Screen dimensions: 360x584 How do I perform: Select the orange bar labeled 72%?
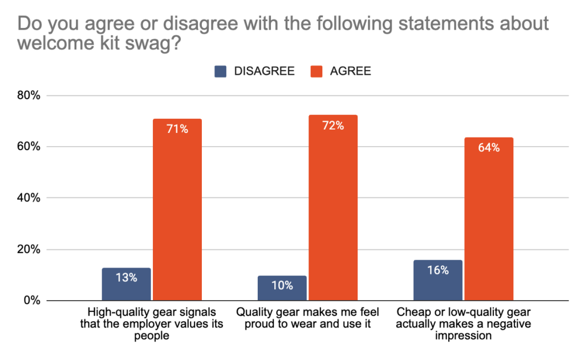[332, 208]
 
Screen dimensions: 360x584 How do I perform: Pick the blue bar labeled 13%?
[126, 284]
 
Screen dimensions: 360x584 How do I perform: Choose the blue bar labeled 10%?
[282, 288]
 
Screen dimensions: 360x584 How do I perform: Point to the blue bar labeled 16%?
[437, 280]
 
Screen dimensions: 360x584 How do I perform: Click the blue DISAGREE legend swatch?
[221, 71]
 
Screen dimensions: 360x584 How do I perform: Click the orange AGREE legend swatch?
[316, 71]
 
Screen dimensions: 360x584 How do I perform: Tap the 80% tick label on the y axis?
[27, 95]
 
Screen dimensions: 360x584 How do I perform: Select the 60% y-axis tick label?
[27, 147]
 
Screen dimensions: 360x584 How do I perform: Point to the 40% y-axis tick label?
[27, 198]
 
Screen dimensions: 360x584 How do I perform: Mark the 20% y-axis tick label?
[27, 249]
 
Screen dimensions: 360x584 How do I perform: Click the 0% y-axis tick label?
[31, 301]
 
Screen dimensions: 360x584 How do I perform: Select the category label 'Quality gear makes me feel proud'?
[307, 318]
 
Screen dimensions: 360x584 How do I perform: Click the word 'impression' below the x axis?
[463, 337]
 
